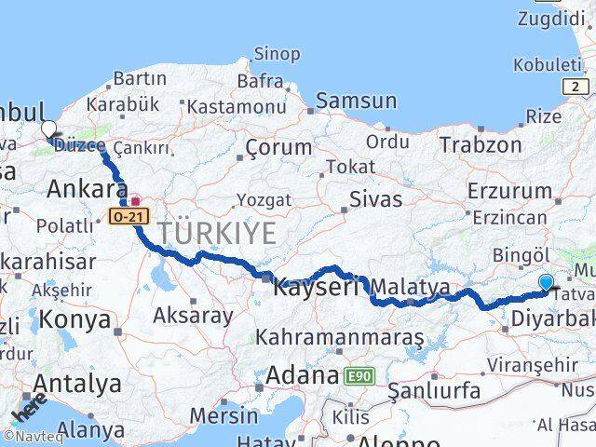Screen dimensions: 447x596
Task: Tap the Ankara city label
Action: pos(87,189)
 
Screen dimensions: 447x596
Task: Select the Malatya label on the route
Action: pos(412,287)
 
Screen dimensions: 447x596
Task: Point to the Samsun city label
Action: pos(356,101)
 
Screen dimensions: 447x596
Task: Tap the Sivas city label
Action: pos(376,198)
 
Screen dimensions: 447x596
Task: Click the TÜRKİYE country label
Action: pos(216,233)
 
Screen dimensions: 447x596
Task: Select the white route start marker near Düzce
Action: pos(48,129)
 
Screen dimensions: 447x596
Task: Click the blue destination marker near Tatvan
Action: pos(546,281)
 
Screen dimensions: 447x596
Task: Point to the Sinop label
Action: pos(277,57)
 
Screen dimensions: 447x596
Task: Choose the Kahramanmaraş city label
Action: pos(340,336)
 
